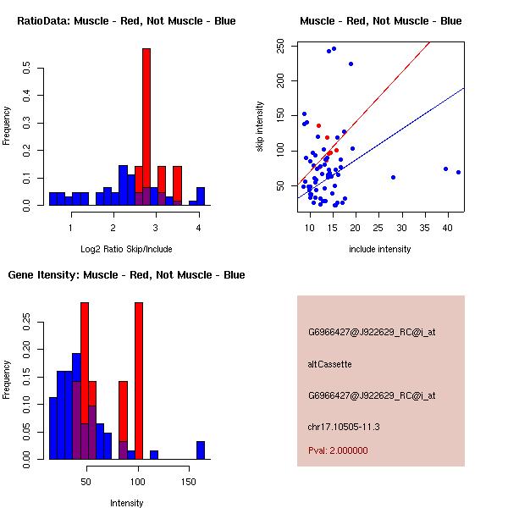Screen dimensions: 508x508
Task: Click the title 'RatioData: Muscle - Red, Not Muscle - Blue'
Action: click(127, 20)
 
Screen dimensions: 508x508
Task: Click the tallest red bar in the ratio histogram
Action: click(146, 127)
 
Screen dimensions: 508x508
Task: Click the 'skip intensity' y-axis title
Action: click(261, 127)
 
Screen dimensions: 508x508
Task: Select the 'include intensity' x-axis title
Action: click(381, 249)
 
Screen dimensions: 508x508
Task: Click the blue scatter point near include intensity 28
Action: click(393, 177)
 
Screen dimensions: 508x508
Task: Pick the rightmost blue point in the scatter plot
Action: click(458, 172)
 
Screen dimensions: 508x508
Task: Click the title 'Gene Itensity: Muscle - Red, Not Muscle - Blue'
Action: click(127, 274)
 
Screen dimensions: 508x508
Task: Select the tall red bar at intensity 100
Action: click(139, 381)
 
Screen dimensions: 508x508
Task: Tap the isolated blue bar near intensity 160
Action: click(201, 450)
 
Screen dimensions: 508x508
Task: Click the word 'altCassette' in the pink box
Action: click(329, 364)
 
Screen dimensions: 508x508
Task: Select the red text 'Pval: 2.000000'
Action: click(341, 451)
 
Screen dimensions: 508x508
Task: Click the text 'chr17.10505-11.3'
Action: click(343, 426)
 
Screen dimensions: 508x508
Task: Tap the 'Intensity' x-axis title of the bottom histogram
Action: click(127, 503)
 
